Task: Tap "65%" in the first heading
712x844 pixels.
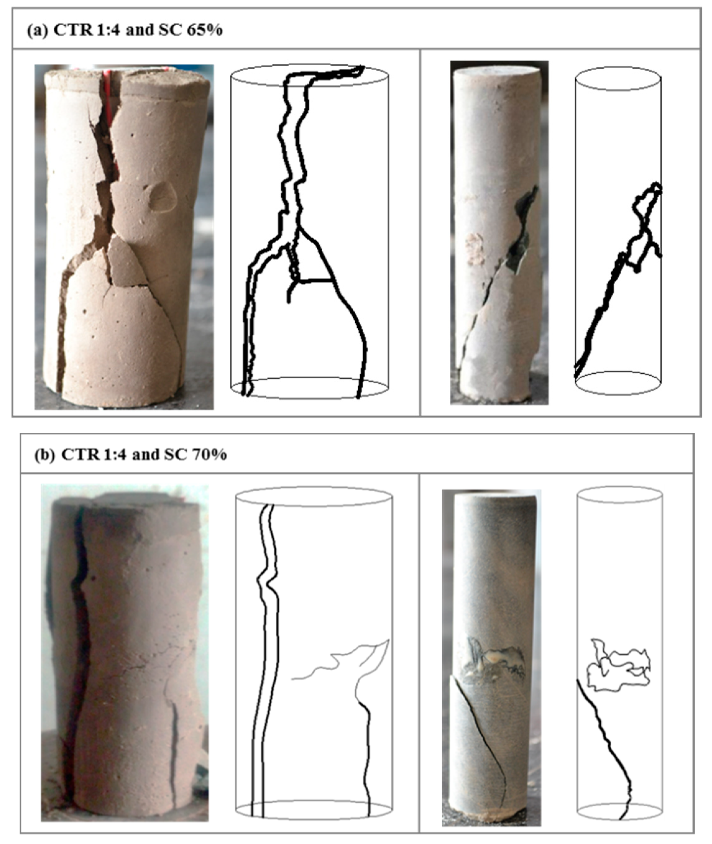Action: pos(204,31)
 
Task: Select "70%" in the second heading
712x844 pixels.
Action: pos(209,455)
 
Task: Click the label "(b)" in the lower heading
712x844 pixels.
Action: pos(44,455)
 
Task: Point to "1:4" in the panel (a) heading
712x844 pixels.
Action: pos(108,31)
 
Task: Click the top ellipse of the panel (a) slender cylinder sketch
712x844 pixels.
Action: pos(618,78)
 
